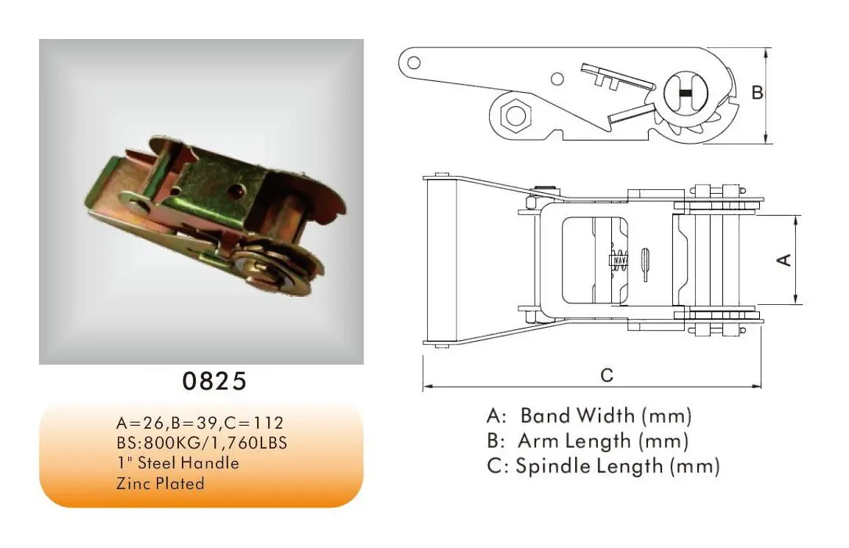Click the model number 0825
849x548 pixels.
tap(214, 382)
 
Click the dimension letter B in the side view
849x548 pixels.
tap(756, 94)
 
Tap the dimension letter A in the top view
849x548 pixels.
tap(784, 259)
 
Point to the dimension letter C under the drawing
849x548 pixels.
tap(606, 375)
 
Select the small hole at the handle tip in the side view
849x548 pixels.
tap(415, 61)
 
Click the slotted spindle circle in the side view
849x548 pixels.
tap(685, 94)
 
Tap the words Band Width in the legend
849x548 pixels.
tap(577, 415)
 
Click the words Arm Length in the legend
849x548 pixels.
tap(574, 441)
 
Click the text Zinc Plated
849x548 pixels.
tap(160, 484)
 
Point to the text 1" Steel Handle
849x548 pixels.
tap(177, 463)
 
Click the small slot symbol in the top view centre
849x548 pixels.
tap(645, 263)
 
